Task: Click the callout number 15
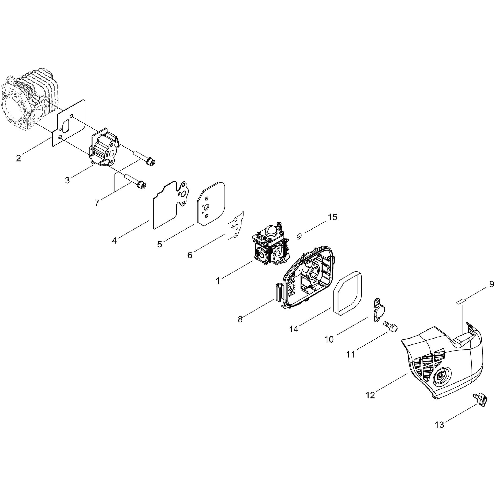pos(332,217)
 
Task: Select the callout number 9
pos(492,284)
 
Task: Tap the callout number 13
pos(440,425)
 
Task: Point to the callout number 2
pos(18,158)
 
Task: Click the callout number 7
pos(97,203)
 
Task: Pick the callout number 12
pos(370,395)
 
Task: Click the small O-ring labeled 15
pos(299,236)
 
